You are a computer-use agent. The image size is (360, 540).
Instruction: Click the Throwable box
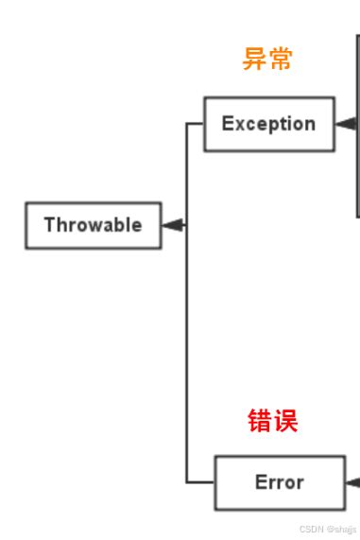[x=93, y=225]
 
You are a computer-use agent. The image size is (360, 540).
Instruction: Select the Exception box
[x=268, y=124]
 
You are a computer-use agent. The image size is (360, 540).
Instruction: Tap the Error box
[x=279, y=482]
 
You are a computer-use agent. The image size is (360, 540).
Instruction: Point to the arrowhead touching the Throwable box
[x=173, y=225]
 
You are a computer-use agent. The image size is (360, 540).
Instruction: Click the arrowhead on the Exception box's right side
[x=345, y=124]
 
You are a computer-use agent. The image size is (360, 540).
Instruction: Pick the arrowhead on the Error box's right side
[x=353, y=482]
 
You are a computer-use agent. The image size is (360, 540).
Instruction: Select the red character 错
[x=260, y=421]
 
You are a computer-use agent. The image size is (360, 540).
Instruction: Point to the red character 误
[x=285, y=421]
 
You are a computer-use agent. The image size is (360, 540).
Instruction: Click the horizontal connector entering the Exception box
[x=196, y=124]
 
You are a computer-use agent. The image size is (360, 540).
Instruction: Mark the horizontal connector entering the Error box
[x=200, y=482]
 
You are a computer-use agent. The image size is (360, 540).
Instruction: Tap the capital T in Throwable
[x=48, y=225]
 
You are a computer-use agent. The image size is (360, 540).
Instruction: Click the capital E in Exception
[x=227, y=124]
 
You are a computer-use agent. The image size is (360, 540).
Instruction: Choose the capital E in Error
[x=260, y=482]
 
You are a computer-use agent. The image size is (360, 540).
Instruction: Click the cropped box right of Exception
[x=357, y=123]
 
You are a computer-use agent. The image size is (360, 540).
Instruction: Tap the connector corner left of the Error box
[x=187, y=482]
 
